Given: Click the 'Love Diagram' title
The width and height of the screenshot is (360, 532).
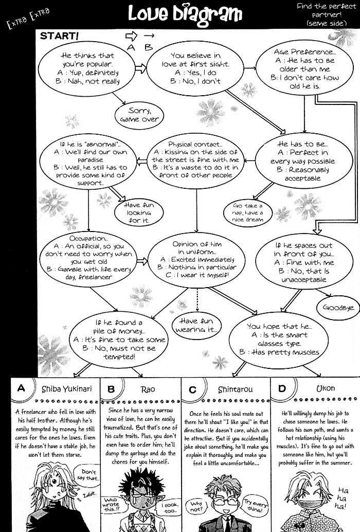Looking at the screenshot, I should pos(184,14).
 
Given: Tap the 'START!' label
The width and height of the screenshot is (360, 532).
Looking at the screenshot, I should pos(60,36).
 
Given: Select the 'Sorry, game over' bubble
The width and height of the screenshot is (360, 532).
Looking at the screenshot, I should pos(139,115).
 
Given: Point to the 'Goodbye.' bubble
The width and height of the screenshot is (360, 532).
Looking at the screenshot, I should pos(338,307).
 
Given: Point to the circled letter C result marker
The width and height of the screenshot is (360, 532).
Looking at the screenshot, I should pos(192,389).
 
